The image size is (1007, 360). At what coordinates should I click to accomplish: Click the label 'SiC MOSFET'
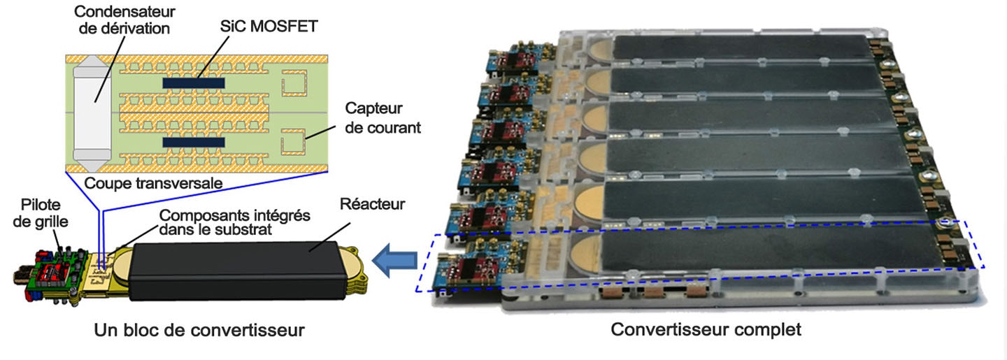pos(269,27)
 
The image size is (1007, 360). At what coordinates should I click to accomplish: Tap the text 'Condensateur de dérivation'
pos(124,20)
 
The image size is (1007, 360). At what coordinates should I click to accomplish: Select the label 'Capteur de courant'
pos(383,117)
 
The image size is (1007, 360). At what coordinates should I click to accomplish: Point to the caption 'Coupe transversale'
pos(153,183)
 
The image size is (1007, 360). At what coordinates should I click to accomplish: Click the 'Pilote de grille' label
pos(41,213)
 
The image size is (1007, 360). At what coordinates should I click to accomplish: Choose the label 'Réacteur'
pos(372,204)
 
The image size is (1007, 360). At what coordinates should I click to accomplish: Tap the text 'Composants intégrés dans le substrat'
pos(235,222)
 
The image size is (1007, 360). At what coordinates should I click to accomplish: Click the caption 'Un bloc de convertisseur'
pos(199,331)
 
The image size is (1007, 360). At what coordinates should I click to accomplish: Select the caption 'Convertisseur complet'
pos(706,329)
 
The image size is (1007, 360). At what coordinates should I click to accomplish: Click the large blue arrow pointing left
pos(394,261)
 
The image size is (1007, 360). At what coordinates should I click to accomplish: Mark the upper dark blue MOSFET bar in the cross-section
pos(194,83)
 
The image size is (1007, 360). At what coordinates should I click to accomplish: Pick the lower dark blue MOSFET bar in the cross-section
pos(194,143)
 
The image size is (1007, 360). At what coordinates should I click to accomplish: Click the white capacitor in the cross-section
pos(92,113)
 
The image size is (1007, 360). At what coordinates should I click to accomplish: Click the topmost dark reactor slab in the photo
pos(742,48)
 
